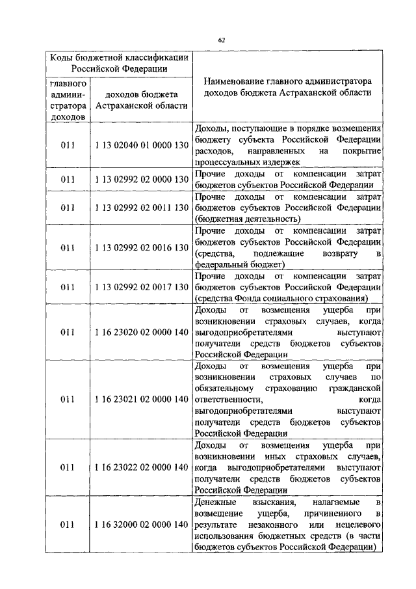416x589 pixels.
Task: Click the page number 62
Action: (x=221, y=40)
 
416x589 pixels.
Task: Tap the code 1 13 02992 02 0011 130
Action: (x=141, y=208)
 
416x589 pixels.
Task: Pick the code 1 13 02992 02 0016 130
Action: (x=141, y=247)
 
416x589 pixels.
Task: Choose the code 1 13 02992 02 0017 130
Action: (x=141, y=287)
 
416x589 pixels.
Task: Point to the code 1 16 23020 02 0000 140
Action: (x=141, y=332)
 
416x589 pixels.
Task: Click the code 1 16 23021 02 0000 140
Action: (x=141, y=398)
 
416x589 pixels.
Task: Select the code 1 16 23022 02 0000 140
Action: (x=141, y=467)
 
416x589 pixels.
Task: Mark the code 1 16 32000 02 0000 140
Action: (x=141, y=525)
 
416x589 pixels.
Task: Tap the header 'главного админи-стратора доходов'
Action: (x=68, y=100)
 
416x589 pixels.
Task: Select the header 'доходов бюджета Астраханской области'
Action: (x=141, y=100)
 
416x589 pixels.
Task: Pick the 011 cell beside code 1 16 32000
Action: (x=70, y=525)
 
